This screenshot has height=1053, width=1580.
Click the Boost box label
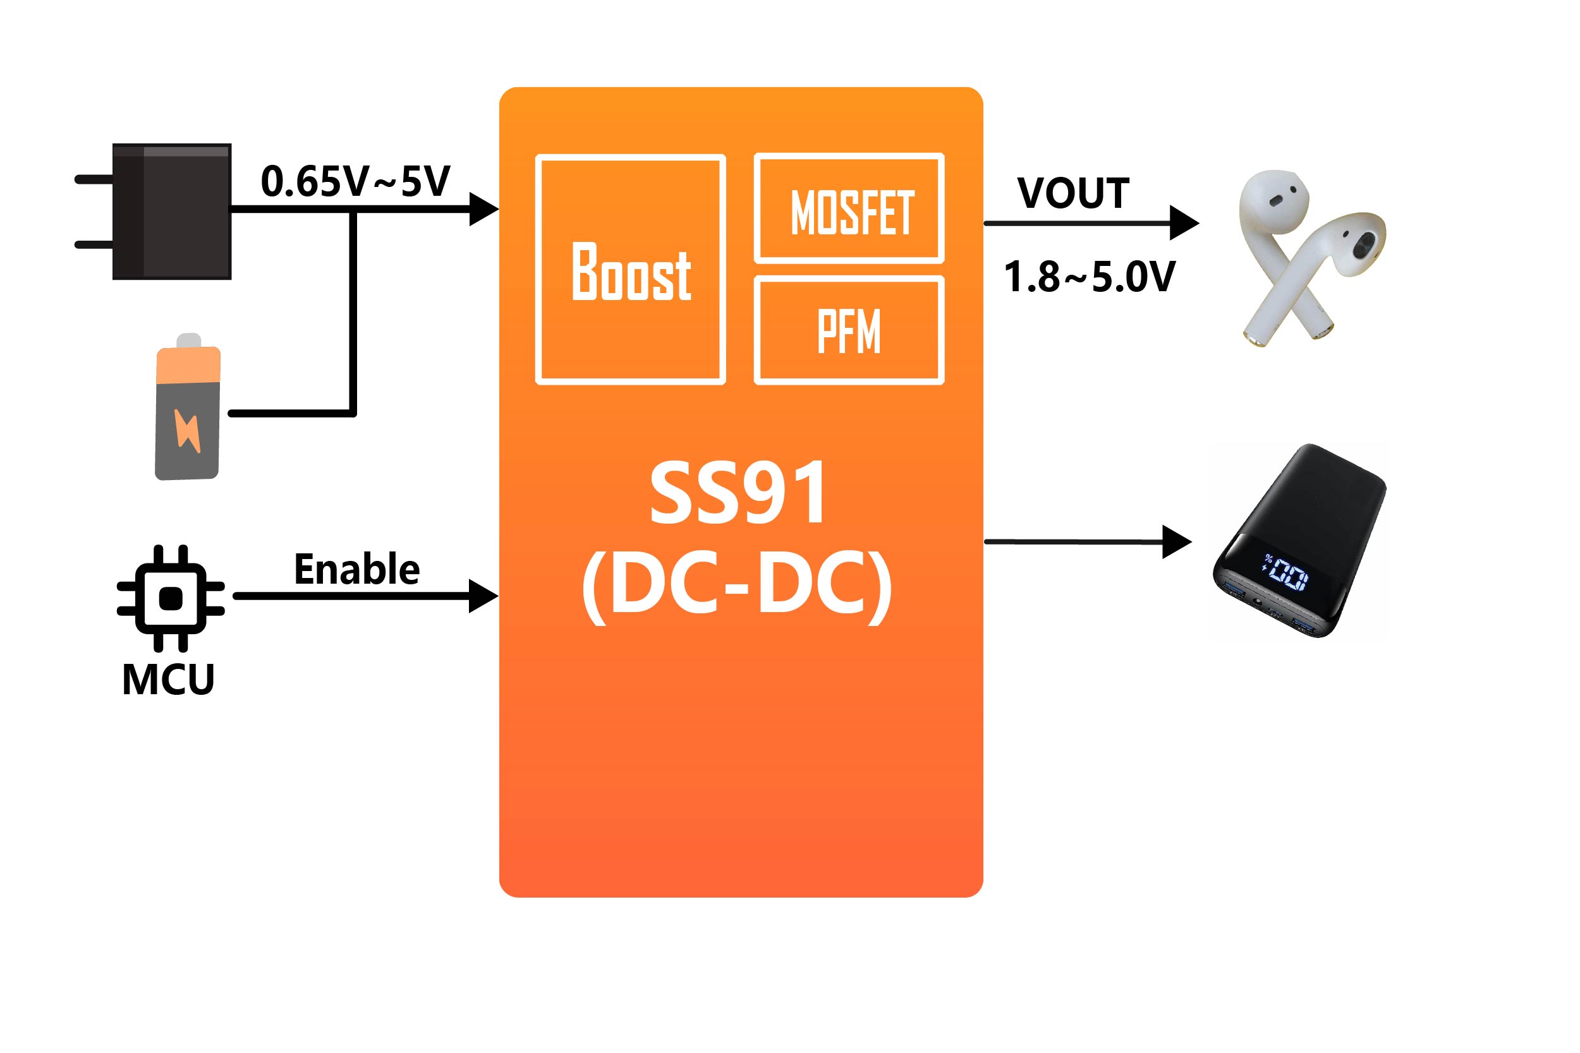pyautogui.click(x=631, y=272)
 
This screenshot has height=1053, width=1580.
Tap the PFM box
pyautogui.click(x=849, y=330)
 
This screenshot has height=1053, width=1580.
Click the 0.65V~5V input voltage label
pyautogui.click(x=355, y=181)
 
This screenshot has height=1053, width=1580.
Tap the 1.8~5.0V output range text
pyautogui.click(x=1090, y=277)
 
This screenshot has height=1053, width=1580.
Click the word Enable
pyautogui.click(x=356, y=570)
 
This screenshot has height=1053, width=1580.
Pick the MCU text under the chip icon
pyautogui.click(x=168, y=680)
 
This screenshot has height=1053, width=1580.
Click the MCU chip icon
pyautogui.click(x=171, y=598)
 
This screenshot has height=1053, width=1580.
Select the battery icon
pyautogui.click(x=188, y=408)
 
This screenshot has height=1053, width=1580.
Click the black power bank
pyautogui.click(x=1300, y=541)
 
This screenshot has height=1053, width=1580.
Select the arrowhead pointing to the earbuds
pyautogui.click(x=1184, y=223)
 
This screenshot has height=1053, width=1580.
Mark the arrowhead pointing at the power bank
pyautogui.click(x=1177, y=541)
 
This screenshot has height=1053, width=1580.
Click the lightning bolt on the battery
pyautogui.click(x=188, y=429)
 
